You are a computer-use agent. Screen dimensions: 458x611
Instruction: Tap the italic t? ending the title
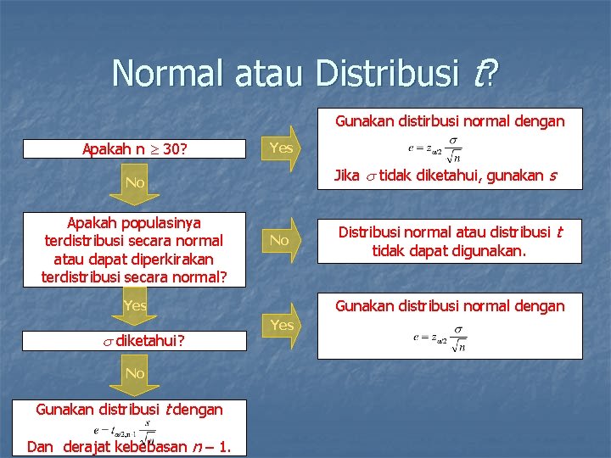pyautogui.click(x=485, y=73)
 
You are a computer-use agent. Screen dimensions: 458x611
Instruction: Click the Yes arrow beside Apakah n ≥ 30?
pyautogui.click(x=281, y=148)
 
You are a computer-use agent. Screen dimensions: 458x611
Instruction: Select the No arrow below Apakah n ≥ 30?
pyautogui.click(x=134, y=183)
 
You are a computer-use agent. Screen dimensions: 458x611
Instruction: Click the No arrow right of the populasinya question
pyautogui.click(x=279, y=241)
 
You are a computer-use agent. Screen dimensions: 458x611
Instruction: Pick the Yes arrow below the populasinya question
pyautogui.click(x=134, y=306)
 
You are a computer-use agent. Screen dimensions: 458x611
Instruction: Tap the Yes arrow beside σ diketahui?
pyautogui.click(x=281, y=326)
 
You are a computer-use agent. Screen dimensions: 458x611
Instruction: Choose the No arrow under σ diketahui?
pyautogui.click(x=134, y=374)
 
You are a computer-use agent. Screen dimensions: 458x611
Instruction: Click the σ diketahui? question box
pyautogui.click(x=133, y=341)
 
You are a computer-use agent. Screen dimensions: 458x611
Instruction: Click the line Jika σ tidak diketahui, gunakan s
pyautogui.click(x=446, y=176)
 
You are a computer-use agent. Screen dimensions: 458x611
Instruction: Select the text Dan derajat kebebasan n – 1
pyautogui.click(x=127, y=447)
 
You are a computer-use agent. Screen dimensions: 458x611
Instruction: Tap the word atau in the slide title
pyautogui.click(x=259, y=73)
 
